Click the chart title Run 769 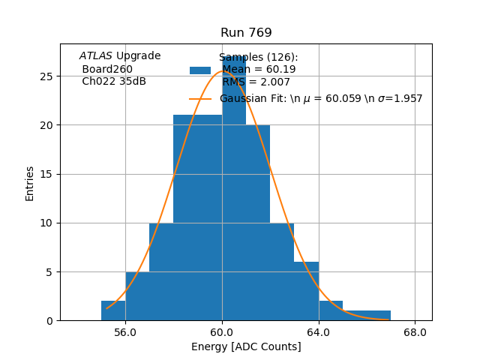246,33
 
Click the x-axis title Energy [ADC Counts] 246,346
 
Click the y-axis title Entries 30,183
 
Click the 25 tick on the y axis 46,76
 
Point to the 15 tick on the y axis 46,174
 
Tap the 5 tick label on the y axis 49,271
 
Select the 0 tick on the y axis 49,320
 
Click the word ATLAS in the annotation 96,56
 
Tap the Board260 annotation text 107,70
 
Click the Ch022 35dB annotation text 114,82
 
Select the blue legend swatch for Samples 200,70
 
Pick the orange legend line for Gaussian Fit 200,99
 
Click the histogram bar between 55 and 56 113,310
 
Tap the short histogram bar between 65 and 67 367,315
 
